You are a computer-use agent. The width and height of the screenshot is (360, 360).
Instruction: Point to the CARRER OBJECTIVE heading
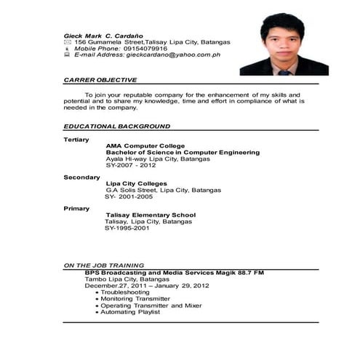tap(100, 79)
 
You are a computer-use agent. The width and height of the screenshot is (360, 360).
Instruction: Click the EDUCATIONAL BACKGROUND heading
tap(116, 126)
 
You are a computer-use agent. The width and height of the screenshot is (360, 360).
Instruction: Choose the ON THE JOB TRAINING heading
tap(103, 265)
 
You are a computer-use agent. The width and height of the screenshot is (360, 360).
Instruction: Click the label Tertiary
tap(76, 139)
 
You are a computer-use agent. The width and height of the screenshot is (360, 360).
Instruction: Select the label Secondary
tap(81, 177)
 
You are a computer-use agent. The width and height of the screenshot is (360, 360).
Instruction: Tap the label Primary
tap(76, 209)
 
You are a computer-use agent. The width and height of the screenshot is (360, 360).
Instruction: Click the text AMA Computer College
tap(145, 145)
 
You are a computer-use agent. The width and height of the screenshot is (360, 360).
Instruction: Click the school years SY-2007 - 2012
tap(136, 165)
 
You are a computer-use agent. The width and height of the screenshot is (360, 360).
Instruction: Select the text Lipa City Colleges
tap(137, 183)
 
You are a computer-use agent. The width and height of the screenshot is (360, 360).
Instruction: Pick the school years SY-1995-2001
tap(127, 228)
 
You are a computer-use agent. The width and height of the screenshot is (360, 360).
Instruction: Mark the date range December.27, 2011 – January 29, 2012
tap(147, 285)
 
